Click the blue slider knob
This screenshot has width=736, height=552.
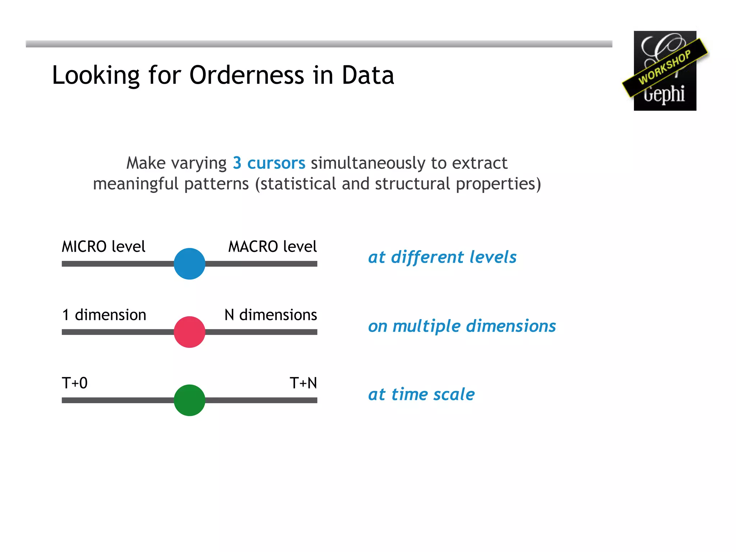189,263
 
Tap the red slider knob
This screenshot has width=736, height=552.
189,332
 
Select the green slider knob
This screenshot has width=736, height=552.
189,400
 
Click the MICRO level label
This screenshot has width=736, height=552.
103,247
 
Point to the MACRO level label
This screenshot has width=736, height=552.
272,247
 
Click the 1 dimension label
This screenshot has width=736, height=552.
104,315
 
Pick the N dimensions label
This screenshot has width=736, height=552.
271,315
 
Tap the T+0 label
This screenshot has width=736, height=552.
75,383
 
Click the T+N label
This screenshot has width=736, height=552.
303,383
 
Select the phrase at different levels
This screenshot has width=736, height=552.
442,257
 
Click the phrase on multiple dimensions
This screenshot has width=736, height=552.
462,326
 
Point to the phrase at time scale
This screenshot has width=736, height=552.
422,395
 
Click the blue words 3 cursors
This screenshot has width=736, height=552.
269,163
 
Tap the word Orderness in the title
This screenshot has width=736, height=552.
247,75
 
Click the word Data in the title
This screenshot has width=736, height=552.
368,75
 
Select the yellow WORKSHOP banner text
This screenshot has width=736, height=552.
664,67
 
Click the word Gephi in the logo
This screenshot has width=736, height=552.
664,94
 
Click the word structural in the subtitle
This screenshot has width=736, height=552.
412,184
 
